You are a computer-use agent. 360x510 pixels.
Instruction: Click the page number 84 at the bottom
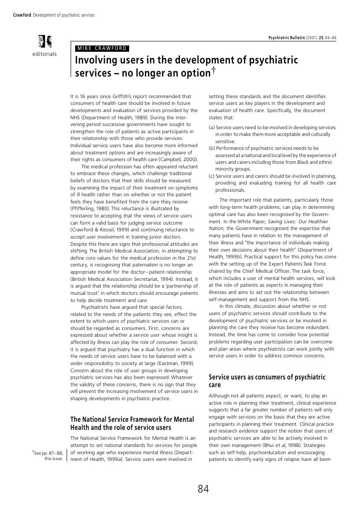pos(203,489)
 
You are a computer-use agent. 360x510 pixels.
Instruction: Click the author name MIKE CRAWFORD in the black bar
pos(102,49)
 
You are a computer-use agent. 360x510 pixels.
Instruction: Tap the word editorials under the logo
pos(45,54)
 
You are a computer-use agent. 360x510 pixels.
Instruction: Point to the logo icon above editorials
pos(45,41)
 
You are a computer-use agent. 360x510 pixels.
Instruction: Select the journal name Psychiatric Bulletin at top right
pos(287,37)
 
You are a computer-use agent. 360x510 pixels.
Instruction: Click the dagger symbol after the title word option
pos(213,70)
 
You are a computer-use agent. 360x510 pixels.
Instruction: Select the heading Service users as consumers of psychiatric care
pos(267,381)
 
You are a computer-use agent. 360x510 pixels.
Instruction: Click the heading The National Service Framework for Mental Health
pos(132,423)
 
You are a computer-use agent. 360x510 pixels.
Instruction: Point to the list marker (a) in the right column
pos(211,128)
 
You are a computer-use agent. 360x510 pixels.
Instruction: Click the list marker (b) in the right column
pos(211,148)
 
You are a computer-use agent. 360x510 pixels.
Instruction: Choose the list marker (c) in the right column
pos(211,176)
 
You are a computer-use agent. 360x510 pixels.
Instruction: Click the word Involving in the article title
pos(95,60)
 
